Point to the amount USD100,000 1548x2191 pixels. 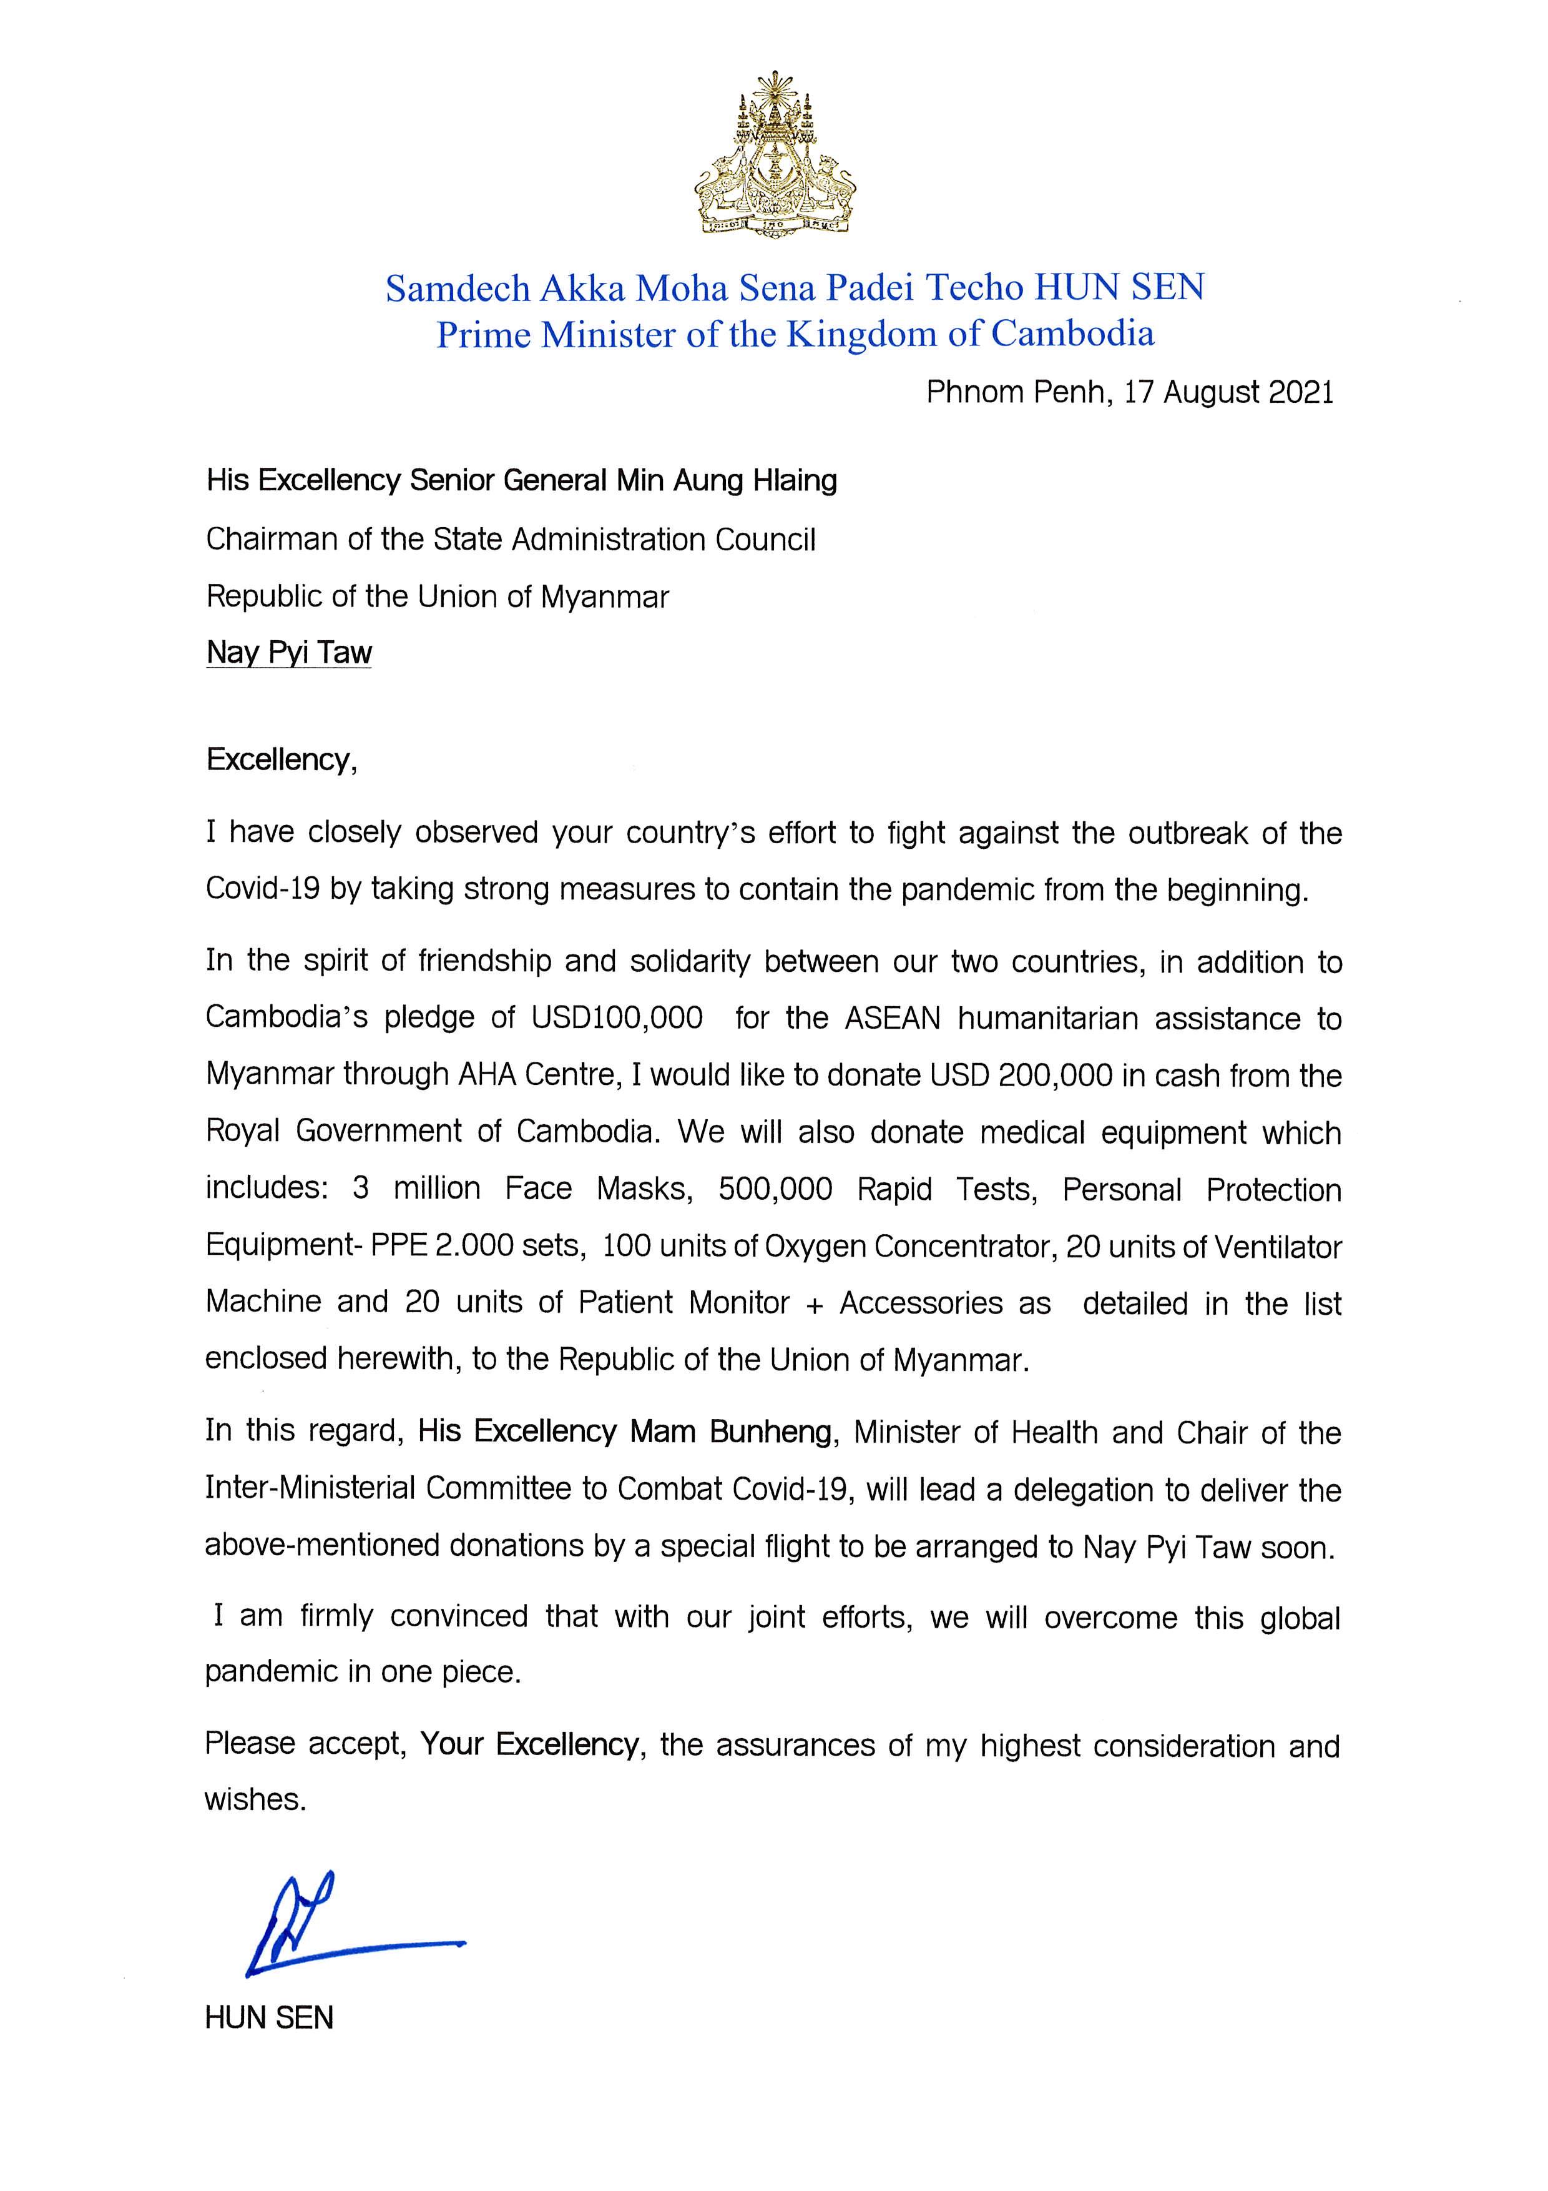point(615,1017)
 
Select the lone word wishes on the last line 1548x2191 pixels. point(255,1800)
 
